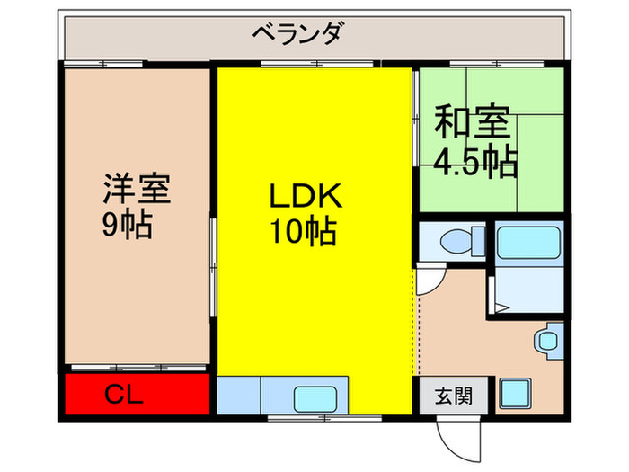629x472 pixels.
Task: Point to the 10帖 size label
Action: coord(303,233)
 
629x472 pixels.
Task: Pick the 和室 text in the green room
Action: coord(474,124)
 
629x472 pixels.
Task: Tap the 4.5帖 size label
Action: coord(475,161)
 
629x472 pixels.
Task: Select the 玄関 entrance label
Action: coord(454,395)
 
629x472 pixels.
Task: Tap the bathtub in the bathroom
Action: coord(528,241)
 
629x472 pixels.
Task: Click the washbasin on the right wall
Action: coord(547,342)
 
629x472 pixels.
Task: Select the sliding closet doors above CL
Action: coord(135,368)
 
